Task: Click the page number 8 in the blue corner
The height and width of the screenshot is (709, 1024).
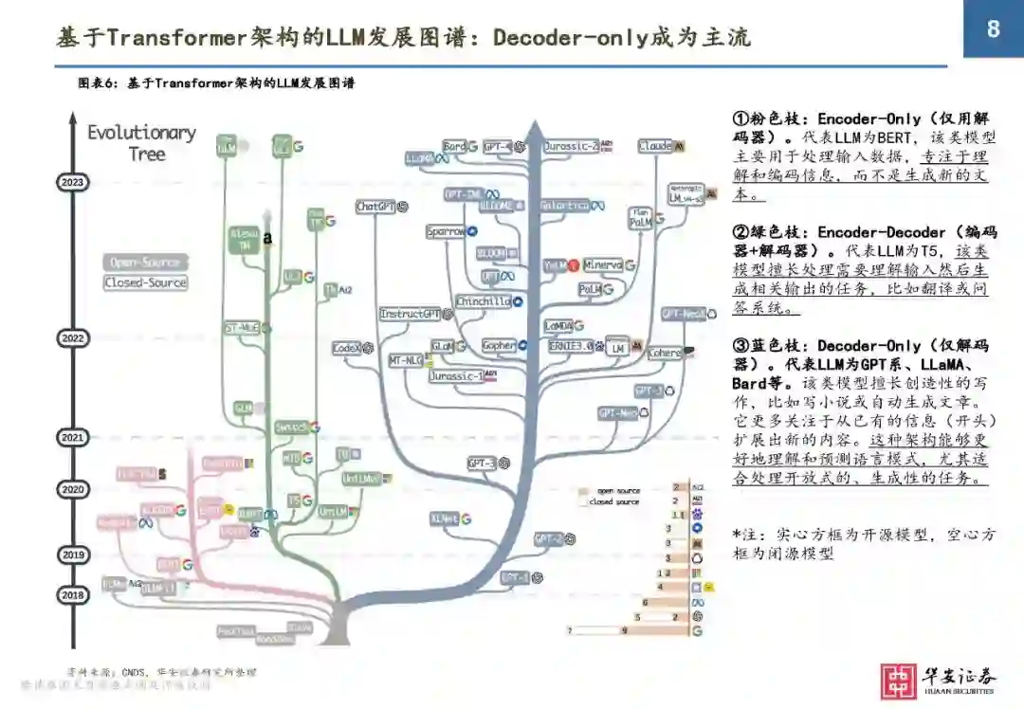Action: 993,29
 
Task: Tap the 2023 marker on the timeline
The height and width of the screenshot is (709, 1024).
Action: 72,182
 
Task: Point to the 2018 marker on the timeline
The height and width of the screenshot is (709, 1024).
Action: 72,595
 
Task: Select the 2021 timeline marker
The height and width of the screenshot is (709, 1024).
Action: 72,438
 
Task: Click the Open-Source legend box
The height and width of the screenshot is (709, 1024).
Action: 145,263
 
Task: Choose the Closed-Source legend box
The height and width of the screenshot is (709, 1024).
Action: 145,282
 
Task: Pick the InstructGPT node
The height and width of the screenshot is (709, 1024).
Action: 410,314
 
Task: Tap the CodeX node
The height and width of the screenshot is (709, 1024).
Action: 346,349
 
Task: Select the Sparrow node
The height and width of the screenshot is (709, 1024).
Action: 446,231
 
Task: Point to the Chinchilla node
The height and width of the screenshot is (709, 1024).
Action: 484,301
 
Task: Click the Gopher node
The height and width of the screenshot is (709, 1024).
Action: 498,346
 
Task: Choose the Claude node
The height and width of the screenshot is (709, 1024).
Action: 655,147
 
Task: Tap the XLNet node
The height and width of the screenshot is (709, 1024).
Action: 445,519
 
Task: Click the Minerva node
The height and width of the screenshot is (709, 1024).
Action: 603,265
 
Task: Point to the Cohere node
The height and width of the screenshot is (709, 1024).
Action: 665,354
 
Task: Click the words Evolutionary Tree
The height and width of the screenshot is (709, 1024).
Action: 142,143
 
